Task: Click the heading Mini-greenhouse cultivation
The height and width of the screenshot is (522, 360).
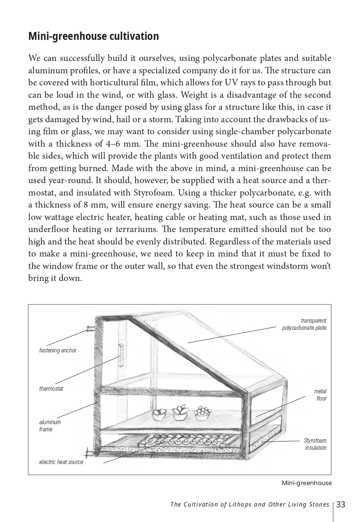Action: coord(93,36)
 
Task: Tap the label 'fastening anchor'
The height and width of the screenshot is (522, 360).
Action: coord(58,350)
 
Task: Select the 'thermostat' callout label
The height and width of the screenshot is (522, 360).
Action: coord(51,388)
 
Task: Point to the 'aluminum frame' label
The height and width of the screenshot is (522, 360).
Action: coord(50,426)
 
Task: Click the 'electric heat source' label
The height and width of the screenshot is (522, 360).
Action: coord(61,462)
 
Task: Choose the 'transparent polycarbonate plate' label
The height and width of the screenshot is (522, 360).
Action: coord(304,324)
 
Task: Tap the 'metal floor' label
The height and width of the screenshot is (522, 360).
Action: coord(321,395)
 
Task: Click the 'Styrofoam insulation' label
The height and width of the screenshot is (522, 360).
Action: coord(315,444)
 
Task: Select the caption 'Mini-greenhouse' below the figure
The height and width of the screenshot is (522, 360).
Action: coord(307,483)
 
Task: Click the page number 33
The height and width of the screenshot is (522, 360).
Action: coord(341,504)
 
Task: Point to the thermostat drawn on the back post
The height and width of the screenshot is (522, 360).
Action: coord(121,355)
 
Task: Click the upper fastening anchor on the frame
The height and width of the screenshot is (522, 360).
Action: coord(91,328)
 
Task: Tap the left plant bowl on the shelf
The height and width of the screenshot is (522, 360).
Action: coord(159,414)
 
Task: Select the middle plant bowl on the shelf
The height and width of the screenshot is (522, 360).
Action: coord(180,413)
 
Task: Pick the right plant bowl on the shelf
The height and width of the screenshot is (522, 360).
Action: coord(203,413)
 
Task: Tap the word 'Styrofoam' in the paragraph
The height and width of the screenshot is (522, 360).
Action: coord(154,193)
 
